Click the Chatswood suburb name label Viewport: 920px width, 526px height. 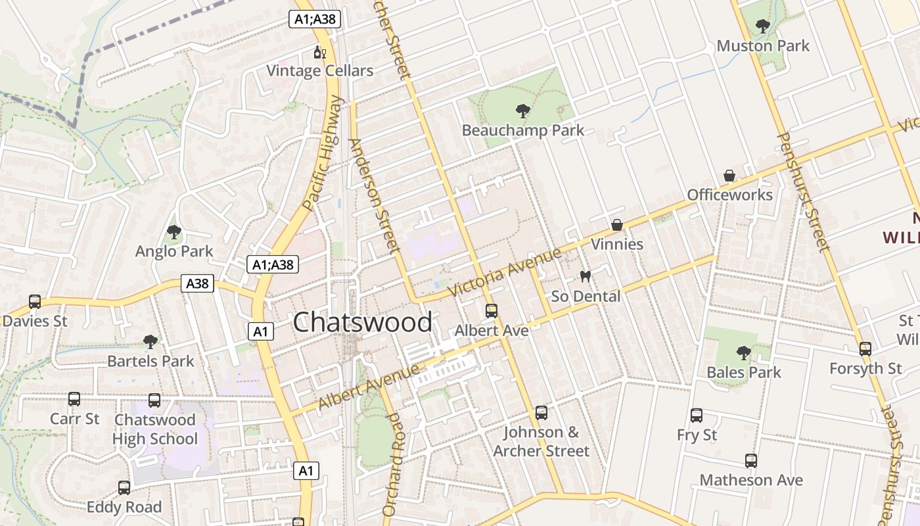pyautogui.click(x=363, y=322)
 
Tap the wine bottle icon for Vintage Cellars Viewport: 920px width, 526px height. pyautogui.click(x=319, y=53)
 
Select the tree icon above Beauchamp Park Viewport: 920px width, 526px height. pyautogui.click(x=523, y=111)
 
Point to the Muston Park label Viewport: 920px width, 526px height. pyautogui.click(x=763, y=46)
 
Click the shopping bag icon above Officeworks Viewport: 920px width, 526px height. pyautogui.click(x=729, y=176)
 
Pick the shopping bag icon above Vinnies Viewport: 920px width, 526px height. pyautogui.click(x=617, y=226)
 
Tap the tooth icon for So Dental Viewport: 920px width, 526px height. pyautogui.click(x=585, y=277)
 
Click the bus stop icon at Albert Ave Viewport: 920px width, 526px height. pyautogui.click(x=492, y=311)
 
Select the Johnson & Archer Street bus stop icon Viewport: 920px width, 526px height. pyautogui.click(x=541, y=413)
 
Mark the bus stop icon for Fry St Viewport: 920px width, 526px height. pyautogui.click(x=697, y=416)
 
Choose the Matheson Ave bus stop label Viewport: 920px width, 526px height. pyautogui.click(x=751, y=480)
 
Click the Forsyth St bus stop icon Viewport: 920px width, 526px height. pyautogui.click(x=865, y=349)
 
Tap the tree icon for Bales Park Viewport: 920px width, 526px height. pyautogui.click(x=744, y=353)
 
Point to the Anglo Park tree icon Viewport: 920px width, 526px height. pyautogui.click(x=174, y=232)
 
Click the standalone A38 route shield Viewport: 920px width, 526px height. pyautogui.click(x=197, y=283)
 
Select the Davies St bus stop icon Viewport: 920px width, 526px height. pyautogui.click(x=35, y=302)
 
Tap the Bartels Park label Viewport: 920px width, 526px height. pyautogui.click(x=150, y=361)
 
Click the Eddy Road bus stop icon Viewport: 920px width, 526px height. pyautogui.click(x=124, y=488)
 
